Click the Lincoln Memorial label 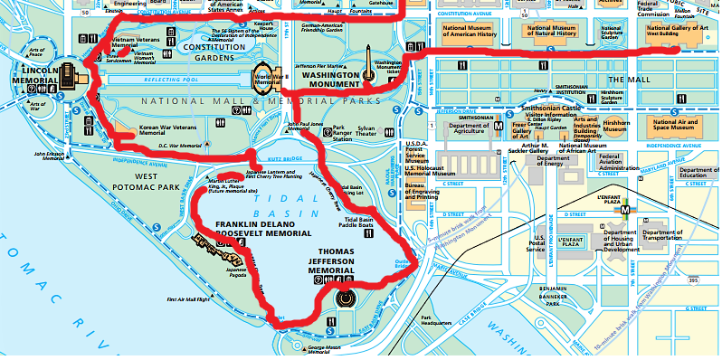(35, 75)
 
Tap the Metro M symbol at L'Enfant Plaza (624, 207)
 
